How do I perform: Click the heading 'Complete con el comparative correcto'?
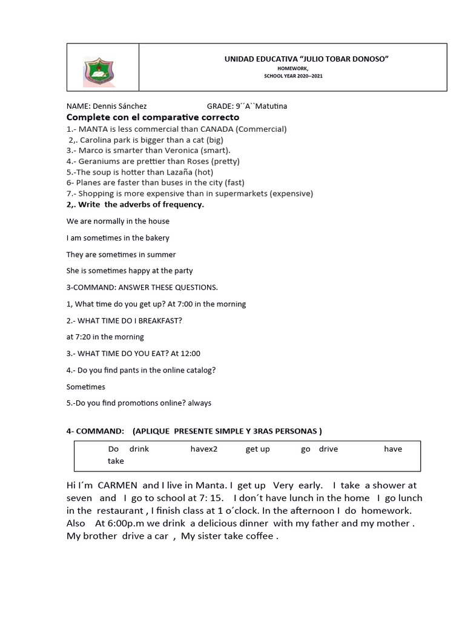pos(153,117)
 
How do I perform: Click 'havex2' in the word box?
pos(203,449)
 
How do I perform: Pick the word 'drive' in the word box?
pos(328,449)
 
